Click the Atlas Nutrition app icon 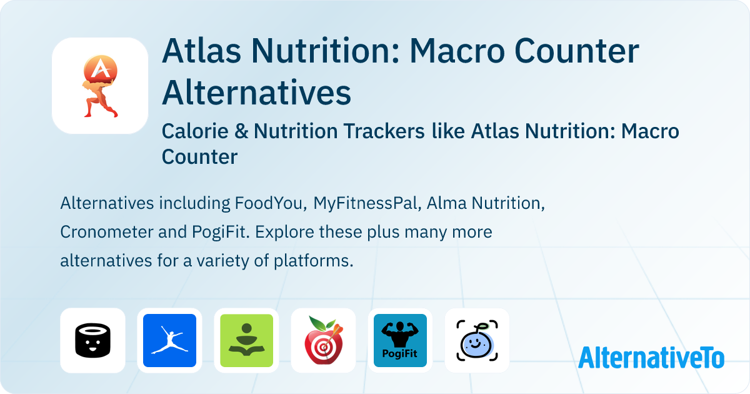coord(100,86)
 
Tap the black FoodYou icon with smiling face coord(92,340)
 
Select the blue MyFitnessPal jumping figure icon coord(169,340)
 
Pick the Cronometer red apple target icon coord(323,340)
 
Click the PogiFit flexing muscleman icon coord(400,340)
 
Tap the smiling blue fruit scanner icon coord(477,340)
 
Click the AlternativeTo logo coord(651,357)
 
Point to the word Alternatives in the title coord(256,93)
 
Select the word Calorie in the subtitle coord(191,131)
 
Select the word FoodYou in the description coord(270,203)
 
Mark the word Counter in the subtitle coord(199,156)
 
